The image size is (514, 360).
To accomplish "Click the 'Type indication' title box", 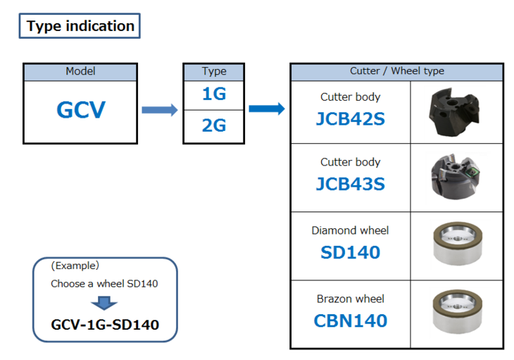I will pyautogui.click(x=80, y=26).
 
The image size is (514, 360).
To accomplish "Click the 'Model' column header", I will pyautogui.click(x=80, y=72).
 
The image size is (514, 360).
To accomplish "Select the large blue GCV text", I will pyautogui.click(x=80, y=111).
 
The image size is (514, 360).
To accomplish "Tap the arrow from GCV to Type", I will pyautogui.click(x=159, y=110).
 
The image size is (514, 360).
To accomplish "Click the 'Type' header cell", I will pyautogui.click(x=214, y=72).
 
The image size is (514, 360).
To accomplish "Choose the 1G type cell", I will pyautogui.click(x=214, y=94).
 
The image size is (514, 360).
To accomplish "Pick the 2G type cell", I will pyautogui.click(x=214, y=126).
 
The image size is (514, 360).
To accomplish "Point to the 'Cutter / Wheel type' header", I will pyautogui.click(x=396, y=72).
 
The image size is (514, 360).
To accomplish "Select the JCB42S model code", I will pyautogui.click(x=350, y=118).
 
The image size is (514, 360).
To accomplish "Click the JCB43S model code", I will pyautogui.click(x=350, y=184).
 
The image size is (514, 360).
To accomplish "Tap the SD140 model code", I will pyautogui.click(x=350, y=252).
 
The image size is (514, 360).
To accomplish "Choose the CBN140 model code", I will pyautogui.click(x=350, y=321).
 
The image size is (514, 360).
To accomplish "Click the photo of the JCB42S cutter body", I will pyautogui.click(x=456, y=113).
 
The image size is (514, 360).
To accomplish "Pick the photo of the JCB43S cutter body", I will pyautogui.click(x=456, y=178).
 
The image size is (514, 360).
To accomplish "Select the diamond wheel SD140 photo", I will pyautogui.click(x=456, y=246).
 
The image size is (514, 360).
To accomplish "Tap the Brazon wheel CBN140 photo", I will pyautogui.click(x=456, y=314).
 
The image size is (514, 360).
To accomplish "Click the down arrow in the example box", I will pyautogui.click(x=104, y=304).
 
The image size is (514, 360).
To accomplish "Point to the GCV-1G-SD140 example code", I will pyautogui.click(x=105, y=325).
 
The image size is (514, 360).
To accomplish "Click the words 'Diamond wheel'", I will pyautogui.click(x=350, y=230).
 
